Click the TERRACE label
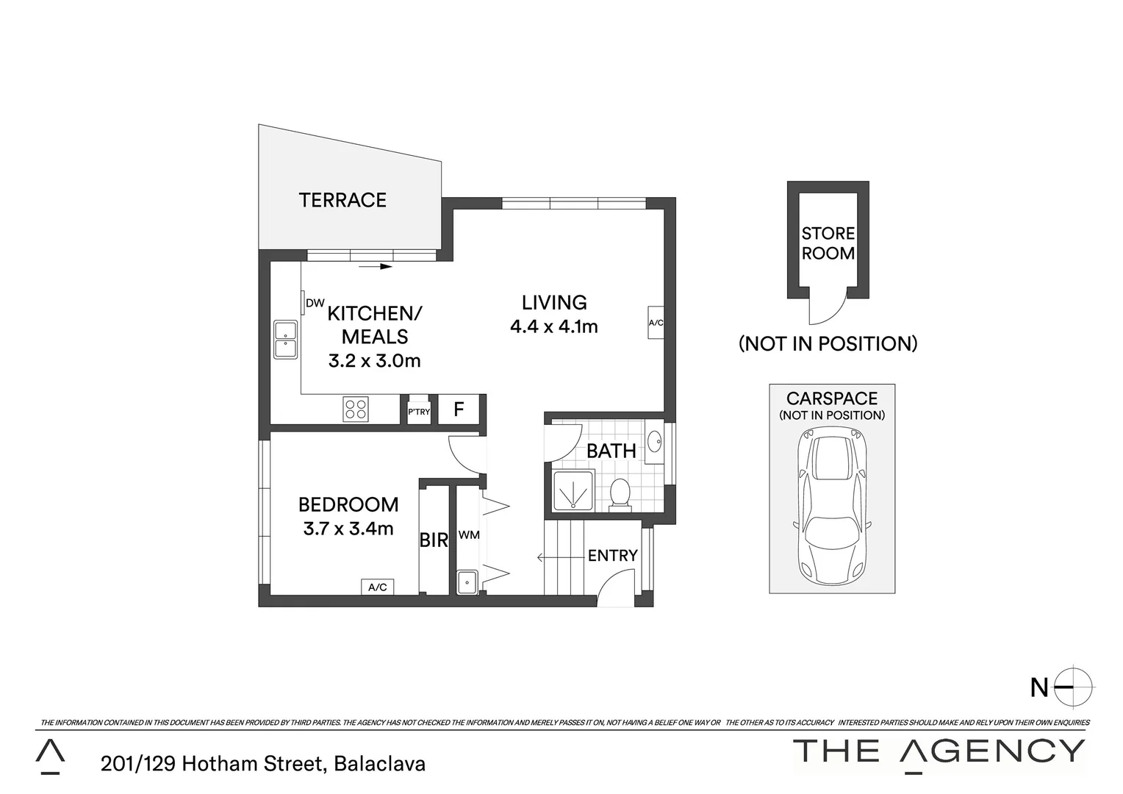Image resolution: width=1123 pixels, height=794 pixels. (342, 200)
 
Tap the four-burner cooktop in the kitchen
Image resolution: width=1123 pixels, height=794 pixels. (356, 409)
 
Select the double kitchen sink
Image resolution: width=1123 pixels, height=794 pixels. (285, 340)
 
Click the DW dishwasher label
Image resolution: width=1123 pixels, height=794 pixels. (315, 303)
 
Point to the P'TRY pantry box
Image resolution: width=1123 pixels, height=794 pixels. (419, 411)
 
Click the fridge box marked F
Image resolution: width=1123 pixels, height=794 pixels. (459, 409)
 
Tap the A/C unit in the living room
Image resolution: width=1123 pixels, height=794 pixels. (656, 323)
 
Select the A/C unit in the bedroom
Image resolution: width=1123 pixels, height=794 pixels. (378, 587)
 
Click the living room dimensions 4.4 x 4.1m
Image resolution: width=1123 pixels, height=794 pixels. (554, 326)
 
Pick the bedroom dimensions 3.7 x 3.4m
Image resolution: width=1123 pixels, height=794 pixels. (348, 529)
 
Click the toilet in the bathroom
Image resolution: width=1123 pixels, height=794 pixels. (620, 494)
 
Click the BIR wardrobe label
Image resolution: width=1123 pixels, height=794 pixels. (434, 540)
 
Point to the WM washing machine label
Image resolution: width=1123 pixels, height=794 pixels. (469, 535)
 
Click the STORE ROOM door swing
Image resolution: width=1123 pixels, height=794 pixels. (828, 309)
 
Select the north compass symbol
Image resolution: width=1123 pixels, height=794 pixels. (1074, 687)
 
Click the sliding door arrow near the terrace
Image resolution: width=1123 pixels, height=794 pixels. (376, 266)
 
